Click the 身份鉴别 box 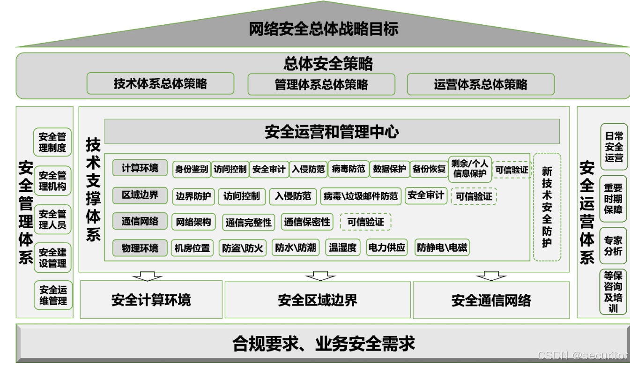(x=192, y=169)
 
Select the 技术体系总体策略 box (x=160, y=84)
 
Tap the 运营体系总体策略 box (x=481, y=84)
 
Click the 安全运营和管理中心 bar (x=332, y=132)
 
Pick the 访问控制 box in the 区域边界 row (x=242, y=196)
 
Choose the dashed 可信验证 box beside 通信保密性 (x=365, y=222)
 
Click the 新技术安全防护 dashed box (x=547, y=207)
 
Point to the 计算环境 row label (x=140, y=168)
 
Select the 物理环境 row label (x=140, y=248)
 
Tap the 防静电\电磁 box (x=442, y=248)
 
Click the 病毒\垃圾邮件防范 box (x=361, y=196)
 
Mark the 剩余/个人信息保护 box (x=470, y=169)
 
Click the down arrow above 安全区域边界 (x=320, y=276)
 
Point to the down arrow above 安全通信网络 (x=491, y=276)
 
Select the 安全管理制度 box (x=52, y=142)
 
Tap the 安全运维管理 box (x=53, y=295)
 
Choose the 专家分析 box (x=613, y=246)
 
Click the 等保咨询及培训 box (x=613, y=291)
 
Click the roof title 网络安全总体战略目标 (x=323, y=29)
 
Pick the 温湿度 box (x=342, y=248)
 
